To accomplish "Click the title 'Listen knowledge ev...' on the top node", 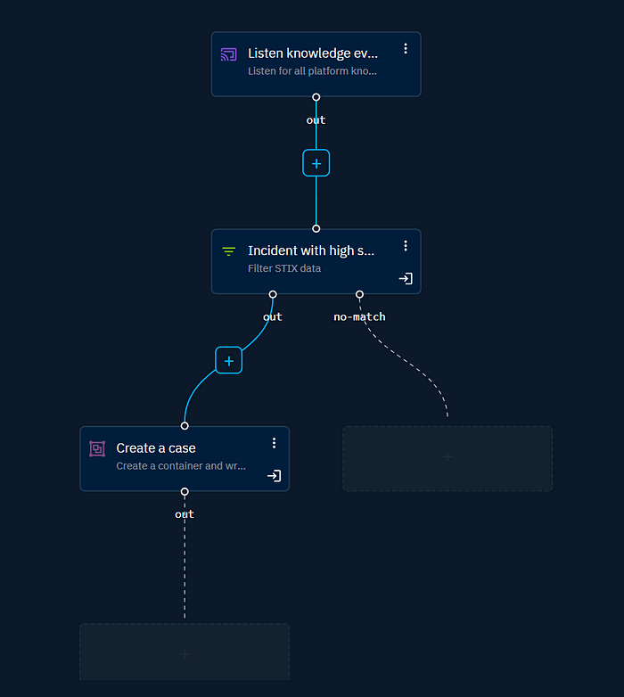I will (312, 53).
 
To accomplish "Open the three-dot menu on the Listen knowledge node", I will (406, 48).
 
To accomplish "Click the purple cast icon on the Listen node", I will (229, 55).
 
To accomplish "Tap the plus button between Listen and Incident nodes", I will (316, 163).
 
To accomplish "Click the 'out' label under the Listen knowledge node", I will (316, 120).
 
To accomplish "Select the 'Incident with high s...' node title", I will (311, 251).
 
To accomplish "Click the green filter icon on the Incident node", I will (229, 252).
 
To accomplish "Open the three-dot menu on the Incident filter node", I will (406, 245).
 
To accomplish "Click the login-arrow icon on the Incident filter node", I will (406, 279).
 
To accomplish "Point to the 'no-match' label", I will (359, 316).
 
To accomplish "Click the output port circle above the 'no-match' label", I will (359, 294).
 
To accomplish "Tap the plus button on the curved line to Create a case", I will (229, 360).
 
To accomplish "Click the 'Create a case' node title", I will (156, 448).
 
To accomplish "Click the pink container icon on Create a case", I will (97, 449).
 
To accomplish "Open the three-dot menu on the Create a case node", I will (274, 443).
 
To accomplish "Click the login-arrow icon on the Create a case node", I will (274, 476).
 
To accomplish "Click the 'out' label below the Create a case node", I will (185, 514).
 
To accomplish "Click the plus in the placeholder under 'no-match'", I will (447, 457).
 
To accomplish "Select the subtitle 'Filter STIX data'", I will (284, 268).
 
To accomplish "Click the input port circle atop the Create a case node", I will (185, 426).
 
